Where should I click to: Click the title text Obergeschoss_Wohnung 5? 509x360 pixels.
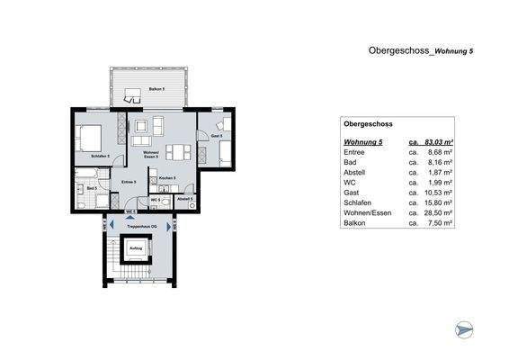click(420, 51)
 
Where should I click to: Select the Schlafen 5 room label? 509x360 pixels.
click(101, 156)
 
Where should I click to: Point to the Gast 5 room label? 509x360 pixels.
click(217, 136)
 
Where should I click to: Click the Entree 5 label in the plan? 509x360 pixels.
click(129, 183)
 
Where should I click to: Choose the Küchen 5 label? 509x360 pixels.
click(167, 178)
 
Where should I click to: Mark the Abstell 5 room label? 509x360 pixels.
click(184, 198)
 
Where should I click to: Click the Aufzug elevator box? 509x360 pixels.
click(136, 250)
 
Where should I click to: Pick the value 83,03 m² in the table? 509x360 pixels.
click(437, 142)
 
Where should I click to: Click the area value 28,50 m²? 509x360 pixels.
click(437, 212)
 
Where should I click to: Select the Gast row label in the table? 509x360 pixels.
click(352, 193)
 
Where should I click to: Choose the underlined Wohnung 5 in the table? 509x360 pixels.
click(363, 142)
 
